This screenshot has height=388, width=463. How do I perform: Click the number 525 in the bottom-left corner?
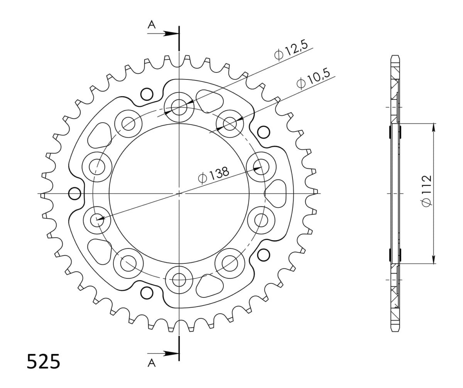click(x=44, y=361)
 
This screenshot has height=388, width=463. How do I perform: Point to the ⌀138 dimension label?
click(x=213, y=175)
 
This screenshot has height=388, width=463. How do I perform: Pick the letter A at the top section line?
click(x=152, y=25)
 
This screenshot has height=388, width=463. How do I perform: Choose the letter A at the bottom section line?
click(x=152, y=363)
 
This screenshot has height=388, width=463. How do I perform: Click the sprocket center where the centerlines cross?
click(x=179, y=193)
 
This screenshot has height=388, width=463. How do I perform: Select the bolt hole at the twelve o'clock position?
click(x=179, y=105)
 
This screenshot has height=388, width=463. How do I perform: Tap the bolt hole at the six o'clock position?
click(x=179, y=280)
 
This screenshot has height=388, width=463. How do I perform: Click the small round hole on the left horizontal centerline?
click(x=74, y=193)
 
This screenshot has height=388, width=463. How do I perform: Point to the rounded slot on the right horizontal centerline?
click(x=275, y=193)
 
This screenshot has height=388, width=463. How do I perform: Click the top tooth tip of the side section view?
click(x=395, y=58)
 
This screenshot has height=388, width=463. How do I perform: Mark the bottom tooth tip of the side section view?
click(x=395, y=329)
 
